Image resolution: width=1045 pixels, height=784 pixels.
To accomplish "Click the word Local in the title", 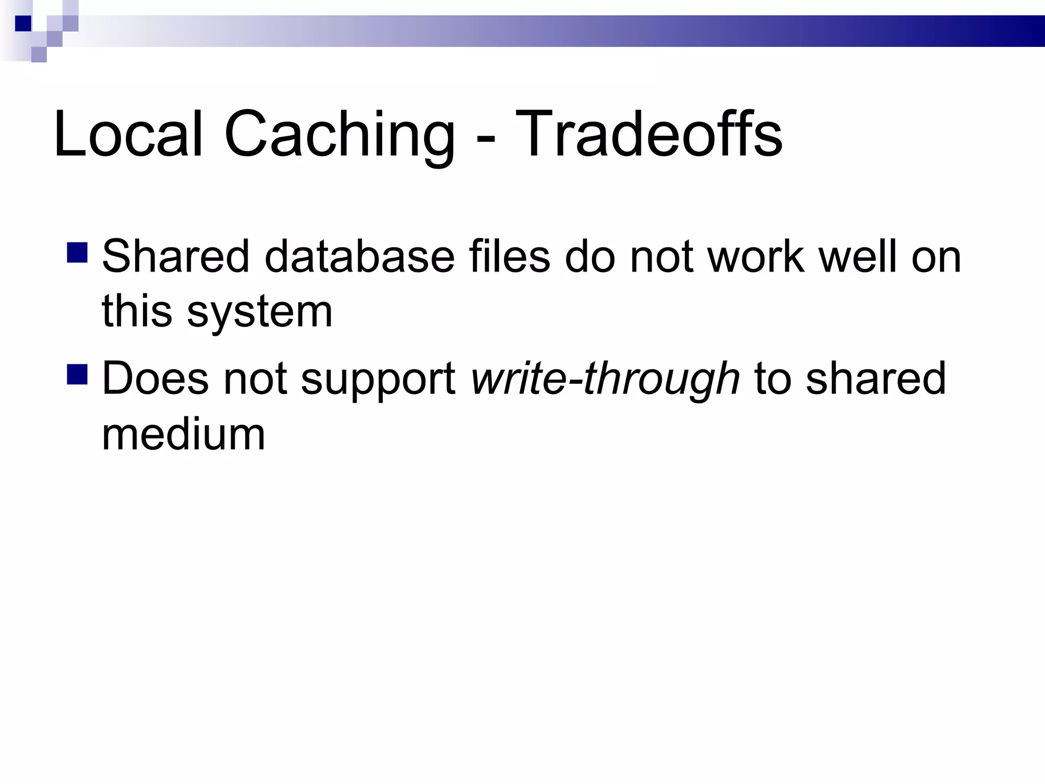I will tap(128, 134).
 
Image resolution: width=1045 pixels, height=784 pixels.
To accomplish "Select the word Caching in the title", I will tap(339, 135).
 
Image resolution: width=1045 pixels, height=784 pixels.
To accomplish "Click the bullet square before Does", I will tap(77, 374).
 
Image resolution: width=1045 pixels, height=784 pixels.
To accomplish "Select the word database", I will tap(359, 256).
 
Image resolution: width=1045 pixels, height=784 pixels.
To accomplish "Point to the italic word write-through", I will tap(605, 379).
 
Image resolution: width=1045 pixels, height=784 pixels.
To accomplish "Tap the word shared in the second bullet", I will tap(876, 378).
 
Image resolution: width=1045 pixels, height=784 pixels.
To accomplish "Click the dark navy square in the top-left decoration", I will tap(23, 23).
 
